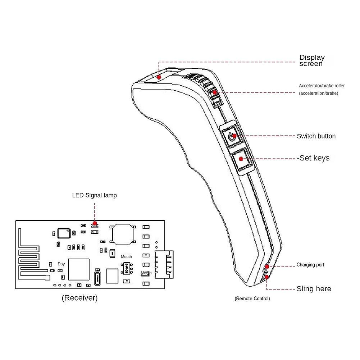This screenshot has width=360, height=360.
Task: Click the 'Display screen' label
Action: (x=312, y=60)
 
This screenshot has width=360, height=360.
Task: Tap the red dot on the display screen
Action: (x=159, y=77)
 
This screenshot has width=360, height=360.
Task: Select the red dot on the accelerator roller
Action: (x=214, y=92)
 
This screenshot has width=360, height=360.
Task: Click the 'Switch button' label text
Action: (x=316, y=136)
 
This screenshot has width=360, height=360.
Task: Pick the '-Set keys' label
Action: (x=313, y=158)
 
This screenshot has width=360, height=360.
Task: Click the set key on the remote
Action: (x=241, y=159)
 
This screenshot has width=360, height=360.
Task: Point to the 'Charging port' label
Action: (x=310, y=265)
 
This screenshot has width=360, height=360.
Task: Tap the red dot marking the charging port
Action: (x=267, y=266)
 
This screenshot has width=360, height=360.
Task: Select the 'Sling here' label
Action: (x=314, y=288)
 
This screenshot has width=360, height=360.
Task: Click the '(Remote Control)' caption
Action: (x=252, y=299)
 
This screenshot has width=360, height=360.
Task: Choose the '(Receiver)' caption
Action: (x=80, y=298)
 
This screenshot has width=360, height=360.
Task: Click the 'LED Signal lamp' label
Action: (x=94, y=195)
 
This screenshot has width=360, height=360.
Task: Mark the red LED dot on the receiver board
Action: (x=95, y=224)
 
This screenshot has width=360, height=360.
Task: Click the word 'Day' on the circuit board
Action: (x=61, y=264)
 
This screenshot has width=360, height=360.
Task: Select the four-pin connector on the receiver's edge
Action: (x=164, y=264)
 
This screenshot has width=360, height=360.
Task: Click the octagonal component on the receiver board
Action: (x=123, y=234)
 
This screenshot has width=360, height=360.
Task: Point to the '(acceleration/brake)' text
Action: (x=318, y=93)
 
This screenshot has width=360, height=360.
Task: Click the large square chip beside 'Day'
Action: (x=79, y=269)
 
